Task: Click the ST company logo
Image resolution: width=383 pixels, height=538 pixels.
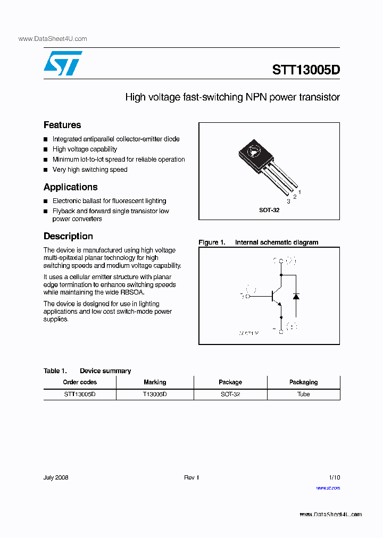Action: click(63, 63)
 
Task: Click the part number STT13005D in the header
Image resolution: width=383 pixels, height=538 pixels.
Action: click(305, 70)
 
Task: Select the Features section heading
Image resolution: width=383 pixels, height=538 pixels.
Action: click(62, 125)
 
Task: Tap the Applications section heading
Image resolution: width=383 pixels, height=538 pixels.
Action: click(70, 187)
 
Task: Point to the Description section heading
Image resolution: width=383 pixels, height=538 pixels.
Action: click(68, 236)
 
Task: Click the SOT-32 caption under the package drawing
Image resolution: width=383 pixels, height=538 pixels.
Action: click(269, 210)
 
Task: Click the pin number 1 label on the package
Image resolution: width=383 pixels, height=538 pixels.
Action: click(300, 192)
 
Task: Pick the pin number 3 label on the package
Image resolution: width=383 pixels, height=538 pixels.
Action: click(288, 202)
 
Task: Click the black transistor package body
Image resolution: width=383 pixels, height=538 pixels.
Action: click(254, 152)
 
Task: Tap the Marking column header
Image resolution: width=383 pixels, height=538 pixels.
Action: click(155, 382)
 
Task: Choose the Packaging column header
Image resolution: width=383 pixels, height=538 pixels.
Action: click(303, 382)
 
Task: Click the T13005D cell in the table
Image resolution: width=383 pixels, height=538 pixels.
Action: click(155, 394)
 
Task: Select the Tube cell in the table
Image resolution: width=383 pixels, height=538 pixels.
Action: click(303, 394)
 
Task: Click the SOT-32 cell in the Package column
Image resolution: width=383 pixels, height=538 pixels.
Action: click(230, 394)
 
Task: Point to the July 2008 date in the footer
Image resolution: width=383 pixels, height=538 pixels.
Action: click(56, 477)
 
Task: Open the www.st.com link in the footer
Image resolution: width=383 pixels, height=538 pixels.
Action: click(328, 487)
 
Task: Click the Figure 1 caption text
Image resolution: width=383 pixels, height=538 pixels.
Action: click(258, 242)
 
